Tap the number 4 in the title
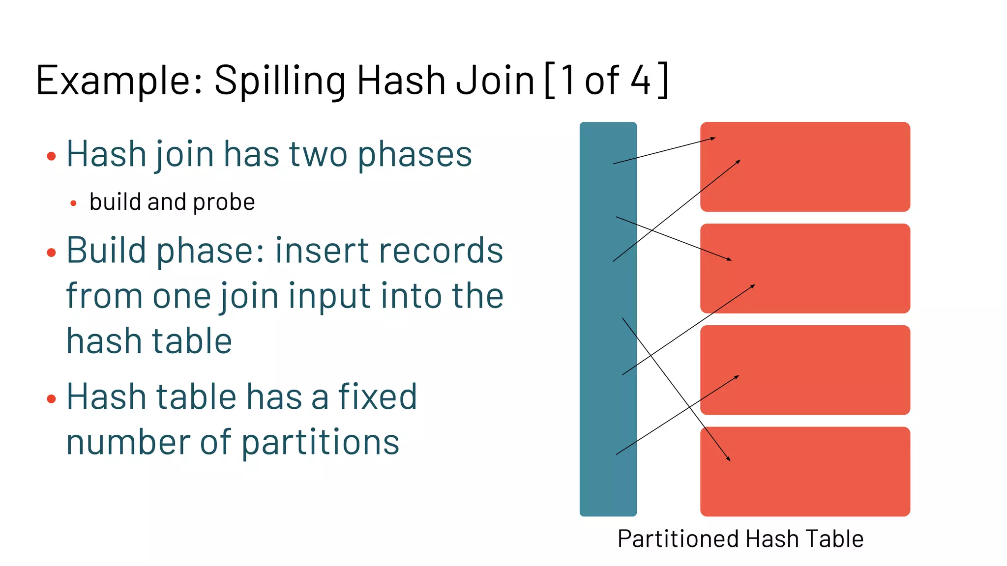tap(641, 80)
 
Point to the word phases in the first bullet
tap(415, 155)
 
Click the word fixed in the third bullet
tap(377, 396)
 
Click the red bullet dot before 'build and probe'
tap(73, 203)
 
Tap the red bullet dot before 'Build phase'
tap(51, 253)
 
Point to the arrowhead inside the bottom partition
tap(729, 459)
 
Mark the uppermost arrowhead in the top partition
tap(713, 139)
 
